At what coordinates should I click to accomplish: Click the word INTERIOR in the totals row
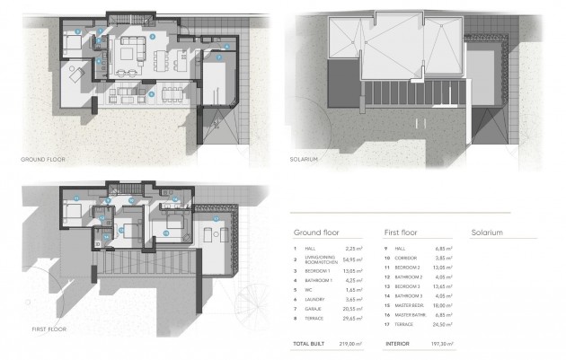coord(401,342)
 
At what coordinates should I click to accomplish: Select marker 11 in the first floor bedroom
coord(75,198)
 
